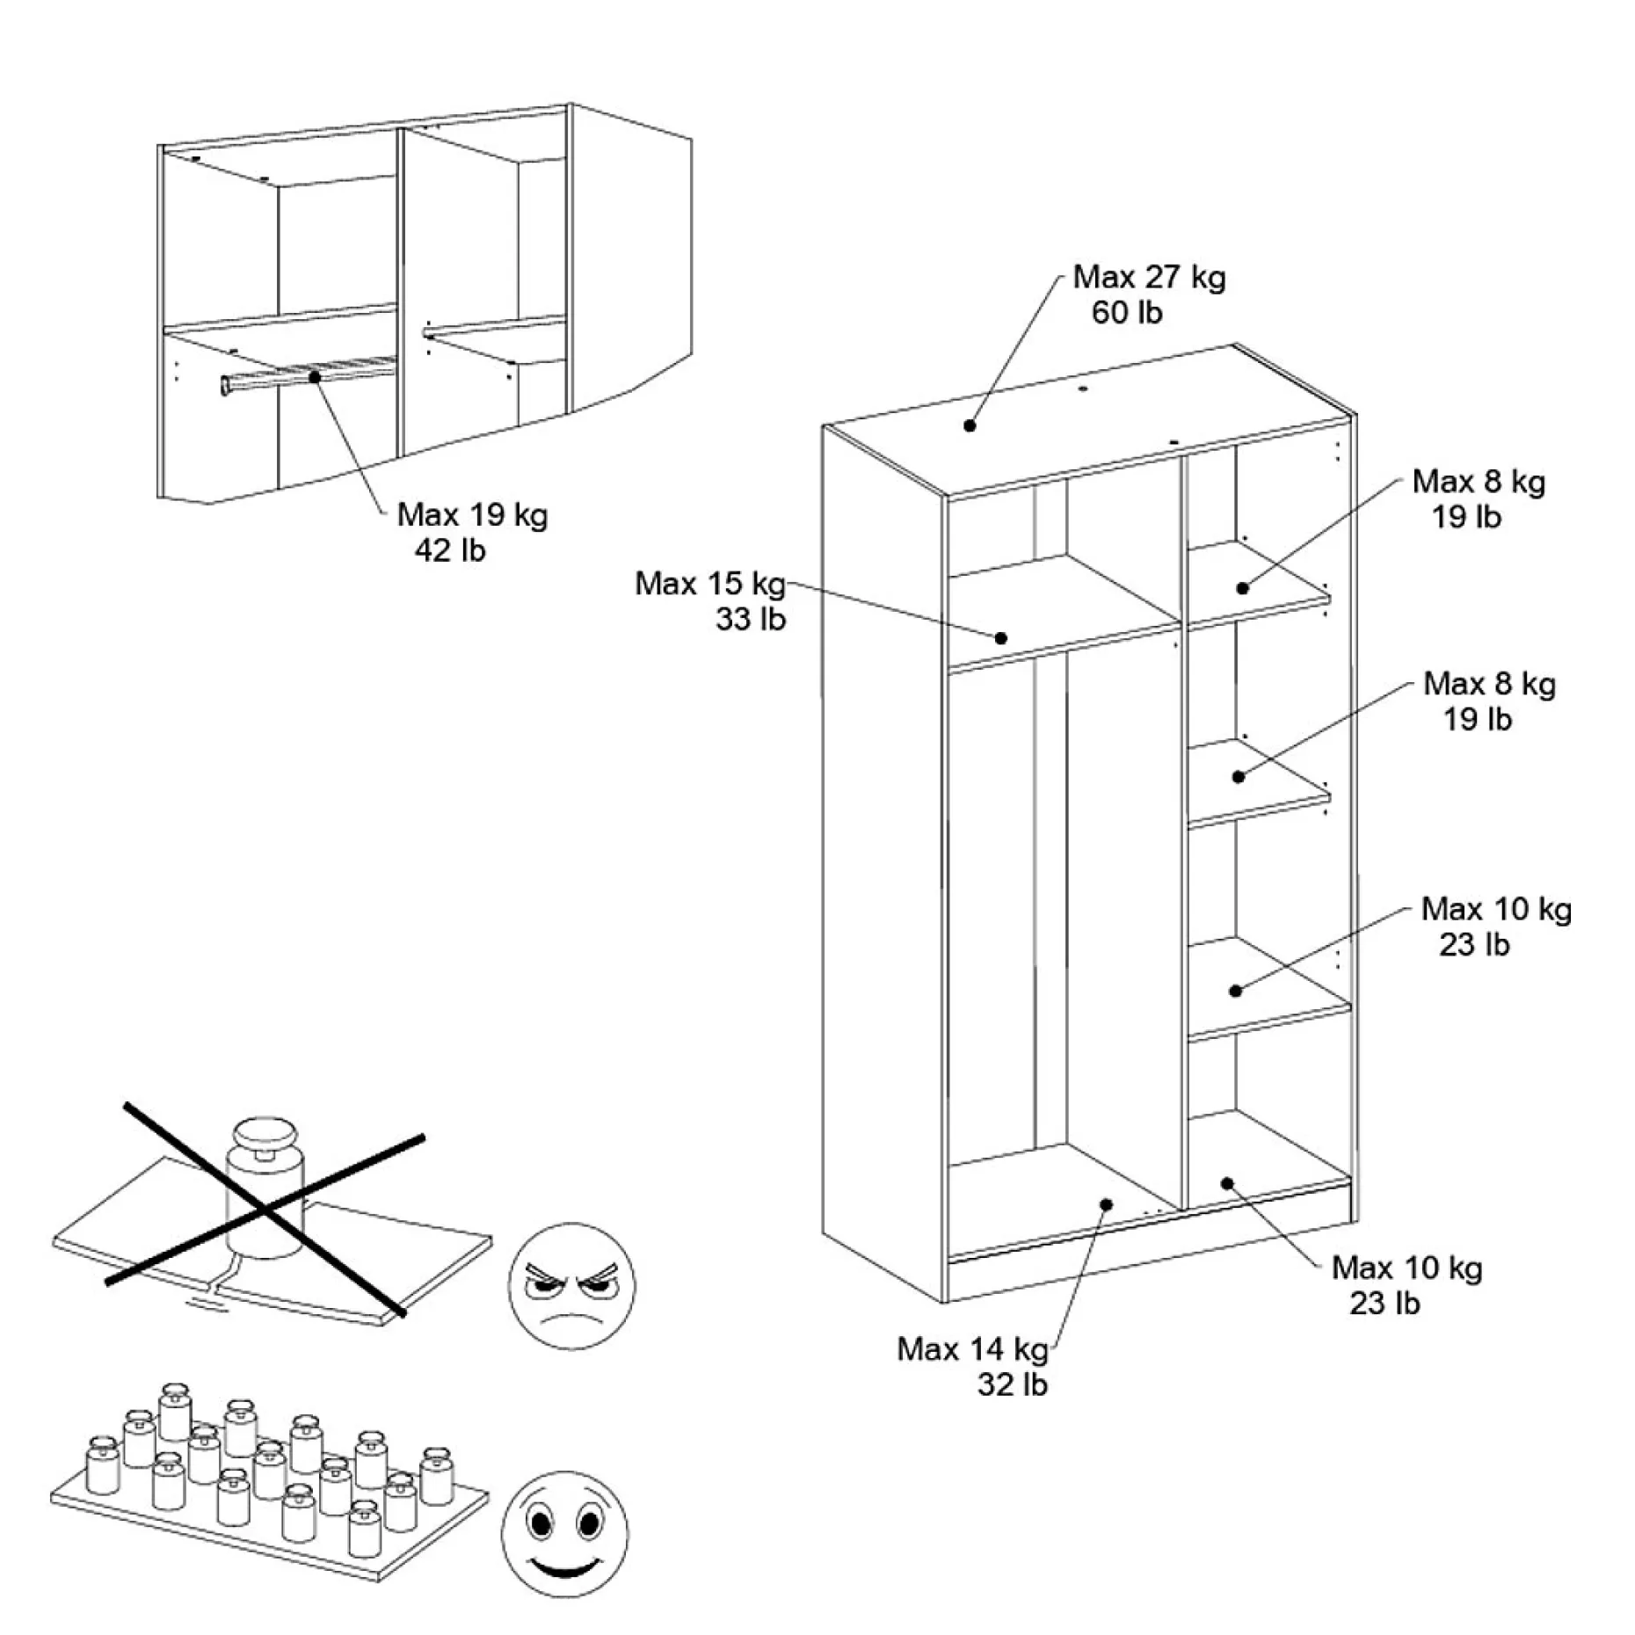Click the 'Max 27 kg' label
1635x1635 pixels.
(x=1149, y=277)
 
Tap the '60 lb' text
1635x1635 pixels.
(x=1127, y=312)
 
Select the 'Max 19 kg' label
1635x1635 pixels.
(x=472, y=514)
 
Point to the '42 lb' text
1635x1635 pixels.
(x=449, y=550)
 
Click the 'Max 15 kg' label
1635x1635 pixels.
(x=710, y=583)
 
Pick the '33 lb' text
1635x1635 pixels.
(x=750, y=619)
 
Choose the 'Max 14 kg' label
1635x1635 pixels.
(x=972, y=1348)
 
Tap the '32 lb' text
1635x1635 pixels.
(x=1013, y=1384)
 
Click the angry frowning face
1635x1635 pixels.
(x=571, y=1285)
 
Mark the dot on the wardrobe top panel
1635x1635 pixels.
(x=970, y=425)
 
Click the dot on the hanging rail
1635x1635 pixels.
(x=315, y=376)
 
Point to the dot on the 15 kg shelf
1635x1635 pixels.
(x=1000, y=638)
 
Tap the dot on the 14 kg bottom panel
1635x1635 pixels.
(x=1107, y=1204)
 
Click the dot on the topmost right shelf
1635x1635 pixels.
(x=1243, y=588)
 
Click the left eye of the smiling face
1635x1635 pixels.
(x=540, y=1522)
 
